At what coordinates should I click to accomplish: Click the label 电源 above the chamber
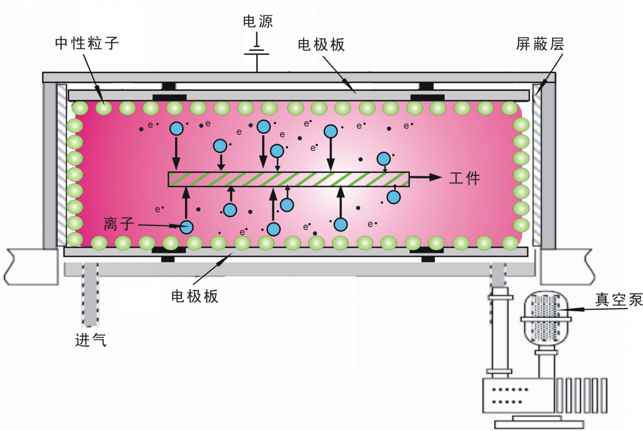[258, 21]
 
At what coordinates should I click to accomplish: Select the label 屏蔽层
[540, 43]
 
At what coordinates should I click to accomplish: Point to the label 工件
[464, 178]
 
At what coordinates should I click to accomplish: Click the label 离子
[117, 224]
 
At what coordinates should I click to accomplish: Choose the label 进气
[90, 339]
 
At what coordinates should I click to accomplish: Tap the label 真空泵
[619, 300]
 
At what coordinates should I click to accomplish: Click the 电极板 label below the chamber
[195, 296]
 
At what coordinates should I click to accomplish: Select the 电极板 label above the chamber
[321, 44]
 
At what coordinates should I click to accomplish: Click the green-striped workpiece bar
[289, 179]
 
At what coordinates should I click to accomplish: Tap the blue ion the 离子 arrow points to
[186, 227]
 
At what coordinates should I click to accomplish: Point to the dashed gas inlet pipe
[90, 295]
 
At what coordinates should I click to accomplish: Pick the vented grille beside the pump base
[581, 395]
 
